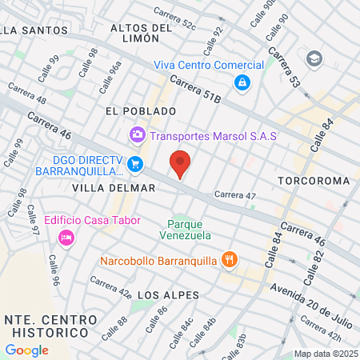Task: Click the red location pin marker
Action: point(181,164)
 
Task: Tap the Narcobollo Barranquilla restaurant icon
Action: point(230,259)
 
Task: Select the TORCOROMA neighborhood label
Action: point(314,182)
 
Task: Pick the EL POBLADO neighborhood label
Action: point(140,110)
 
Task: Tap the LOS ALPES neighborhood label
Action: point(168,295)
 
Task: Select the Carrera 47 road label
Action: point(234,194)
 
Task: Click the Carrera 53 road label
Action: point(283,65)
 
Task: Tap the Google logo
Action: point(26,350)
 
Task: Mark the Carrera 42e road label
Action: point(110,287)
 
